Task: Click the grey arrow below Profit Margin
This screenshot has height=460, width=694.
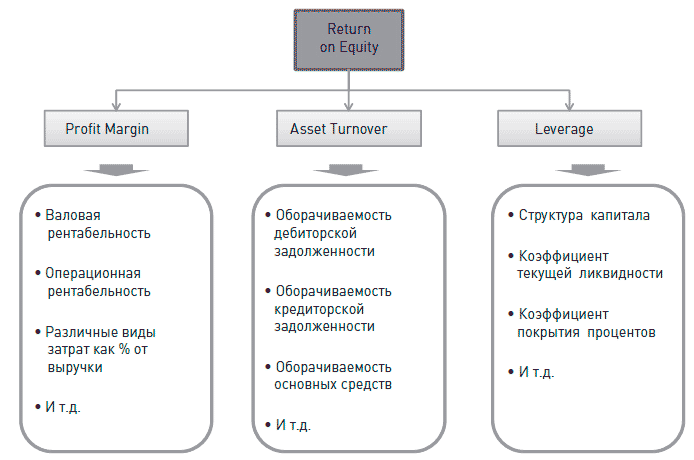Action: [117, 167]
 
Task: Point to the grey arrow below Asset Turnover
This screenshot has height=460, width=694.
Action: [347, 167]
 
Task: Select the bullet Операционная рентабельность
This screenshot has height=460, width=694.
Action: [98, 282]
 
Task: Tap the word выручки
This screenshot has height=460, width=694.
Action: [75, 368]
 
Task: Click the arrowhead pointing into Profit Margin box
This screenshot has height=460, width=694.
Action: [117, 105]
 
